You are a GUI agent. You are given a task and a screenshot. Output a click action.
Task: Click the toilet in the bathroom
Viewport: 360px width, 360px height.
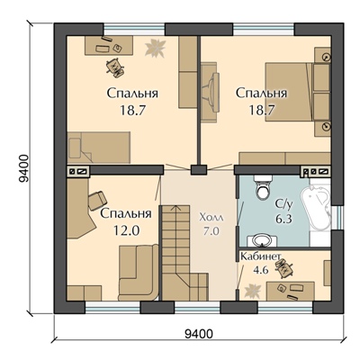(263, 187)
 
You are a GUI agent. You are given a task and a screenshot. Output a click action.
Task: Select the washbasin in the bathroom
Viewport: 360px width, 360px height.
(262, 240)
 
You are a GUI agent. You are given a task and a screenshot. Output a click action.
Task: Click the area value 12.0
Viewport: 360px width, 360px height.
(126, 230)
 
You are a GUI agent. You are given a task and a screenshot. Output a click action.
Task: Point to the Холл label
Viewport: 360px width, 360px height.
(211, 218)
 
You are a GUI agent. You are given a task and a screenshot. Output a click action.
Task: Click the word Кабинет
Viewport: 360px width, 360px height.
(261, 256)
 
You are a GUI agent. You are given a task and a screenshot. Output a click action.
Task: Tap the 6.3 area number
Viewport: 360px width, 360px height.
(283, 219)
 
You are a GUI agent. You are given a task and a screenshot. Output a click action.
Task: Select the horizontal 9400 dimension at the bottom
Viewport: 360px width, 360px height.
(199, 333)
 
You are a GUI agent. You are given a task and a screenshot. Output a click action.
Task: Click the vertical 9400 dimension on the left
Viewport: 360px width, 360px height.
(23, 168)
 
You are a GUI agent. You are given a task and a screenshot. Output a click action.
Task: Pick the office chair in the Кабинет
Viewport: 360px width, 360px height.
(283, 268)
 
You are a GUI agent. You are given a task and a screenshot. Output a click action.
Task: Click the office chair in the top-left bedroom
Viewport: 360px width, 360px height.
(115, 67)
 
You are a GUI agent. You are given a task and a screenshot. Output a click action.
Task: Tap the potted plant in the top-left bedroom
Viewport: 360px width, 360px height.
(156, 48)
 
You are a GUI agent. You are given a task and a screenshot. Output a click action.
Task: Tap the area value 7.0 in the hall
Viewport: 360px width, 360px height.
(211, 231)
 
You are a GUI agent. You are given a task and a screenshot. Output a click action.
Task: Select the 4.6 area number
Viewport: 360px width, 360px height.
(260, 270)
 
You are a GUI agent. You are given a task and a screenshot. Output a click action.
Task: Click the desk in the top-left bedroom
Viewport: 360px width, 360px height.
(109, 45)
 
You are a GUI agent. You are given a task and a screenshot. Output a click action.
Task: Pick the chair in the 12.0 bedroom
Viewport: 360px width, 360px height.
(97, 201)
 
